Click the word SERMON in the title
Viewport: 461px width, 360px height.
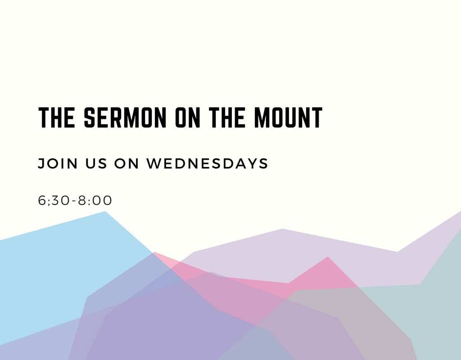click(x=125, y=117)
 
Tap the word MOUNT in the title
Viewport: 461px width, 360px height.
click(x=289, y=117)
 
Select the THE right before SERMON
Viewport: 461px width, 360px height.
click(x=56, y=117)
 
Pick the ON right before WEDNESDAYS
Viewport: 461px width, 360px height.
click(x=127, y=163)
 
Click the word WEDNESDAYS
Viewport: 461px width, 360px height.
click(x=207, y=163)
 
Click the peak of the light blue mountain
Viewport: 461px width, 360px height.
click(x=105, y=211)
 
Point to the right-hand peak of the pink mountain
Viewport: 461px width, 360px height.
click(x=328, y=257)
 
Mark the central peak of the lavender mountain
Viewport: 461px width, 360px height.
click(x=282, y=229)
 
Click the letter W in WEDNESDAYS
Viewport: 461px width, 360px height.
click(x=154, y=163)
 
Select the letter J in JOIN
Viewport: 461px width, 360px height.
click(x=41, y=163)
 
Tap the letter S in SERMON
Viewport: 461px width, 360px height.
click(x=90, y=117)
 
